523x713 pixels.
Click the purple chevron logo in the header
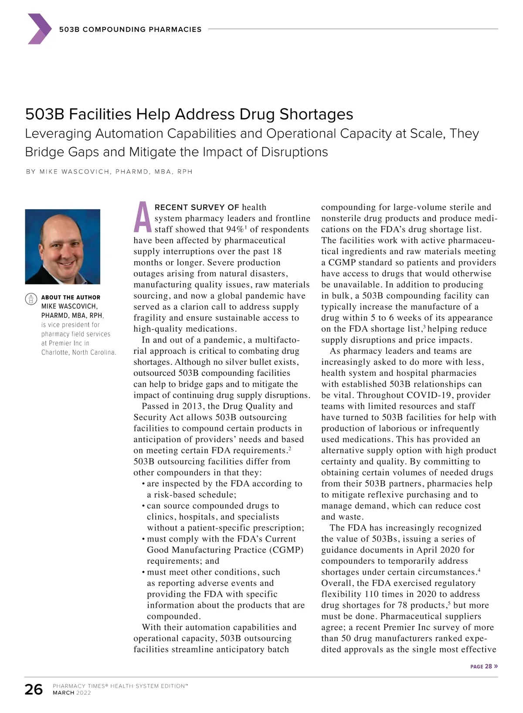pos(39,29)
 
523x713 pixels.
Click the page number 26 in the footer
pos(34,689)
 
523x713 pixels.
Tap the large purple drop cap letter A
pos(143,218)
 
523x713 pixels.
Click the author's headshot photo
pos(63,246)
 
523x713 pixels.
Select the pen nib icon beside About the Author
pos(31,298)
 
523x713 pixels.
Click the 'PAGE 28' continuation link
pos(483,666)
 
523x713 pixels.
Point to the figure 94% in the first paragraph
pos(235,229)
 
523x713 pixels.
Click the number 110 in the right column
pos(372,594)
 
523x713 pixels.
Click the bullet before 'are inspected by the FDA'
pos(143,484)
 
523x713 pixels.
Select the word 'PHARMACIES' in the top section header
pos(175,30)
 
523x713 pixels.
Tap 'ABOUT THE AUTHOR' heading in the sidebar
pos(71,297)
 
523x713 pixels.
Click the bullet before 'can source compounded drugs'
pos(143,506)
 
